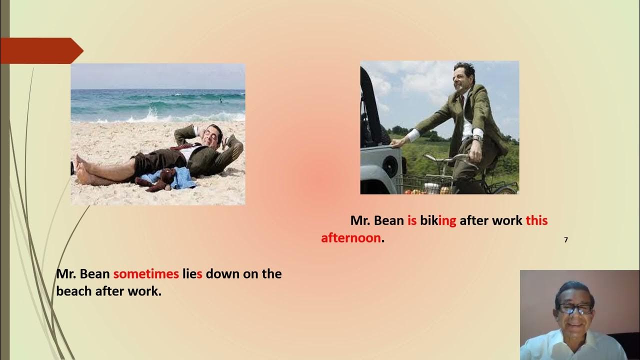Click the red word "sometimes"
[146, 274]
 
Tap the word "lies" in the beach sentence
[192, 274]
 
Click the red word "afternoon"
[351, 238]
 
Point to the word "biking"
[438, 220]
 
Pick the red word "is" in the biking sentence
[412, 220]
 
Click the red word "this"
[536, 220]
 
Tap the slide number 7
[566, 240]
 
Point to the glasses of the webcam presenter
[575, 309]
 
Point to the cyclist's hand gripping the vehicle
[396, 143]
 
